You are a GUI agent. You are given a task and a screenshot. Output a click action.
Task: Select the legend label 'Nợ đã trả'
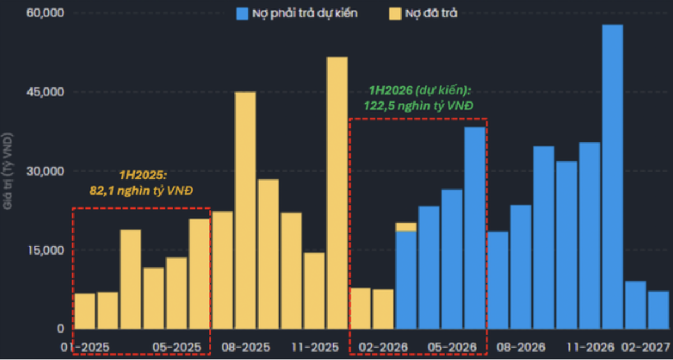[x=431, y=13]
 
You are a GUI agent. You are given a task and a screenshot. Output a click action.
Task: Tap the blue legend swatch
[x=242, y=13]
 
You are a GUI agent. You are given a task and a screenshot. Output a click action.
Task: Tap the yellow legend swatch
[x=395, y=13]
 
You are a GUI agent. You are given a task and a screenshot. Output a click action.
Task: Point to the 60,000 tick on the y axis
[x=46, y=12]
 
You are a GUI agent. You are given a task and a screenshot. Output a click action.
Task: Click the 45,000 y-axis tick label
[x=46, y=91]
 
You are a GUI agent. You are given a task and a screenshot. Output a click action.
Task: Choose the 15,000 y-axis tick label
[x=46, y=250]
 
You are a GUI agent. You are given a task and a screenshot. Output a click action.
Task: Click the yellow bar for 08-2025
[x=245, y=210]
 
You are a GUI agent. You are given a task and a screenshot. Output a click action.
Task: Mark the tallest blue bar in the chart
[x=612, y=177]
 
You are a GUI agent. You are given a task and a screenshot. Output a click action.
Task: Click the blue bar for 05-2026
[x=475, y=228]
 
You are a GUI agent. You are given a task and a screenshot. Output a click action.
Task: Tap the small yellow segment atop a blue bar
[x=406, y=227]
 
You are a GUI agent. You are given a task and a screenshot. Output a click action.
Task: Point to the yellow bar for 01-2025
[x=85, y=311]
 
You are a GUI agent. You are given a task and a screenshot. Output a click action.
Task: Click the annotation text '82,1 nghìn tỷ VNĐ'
[x=141, y=191]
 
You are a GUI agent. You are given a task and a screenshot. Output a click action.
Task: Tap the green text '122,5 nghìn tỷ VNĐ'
[x=418, y=105]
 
